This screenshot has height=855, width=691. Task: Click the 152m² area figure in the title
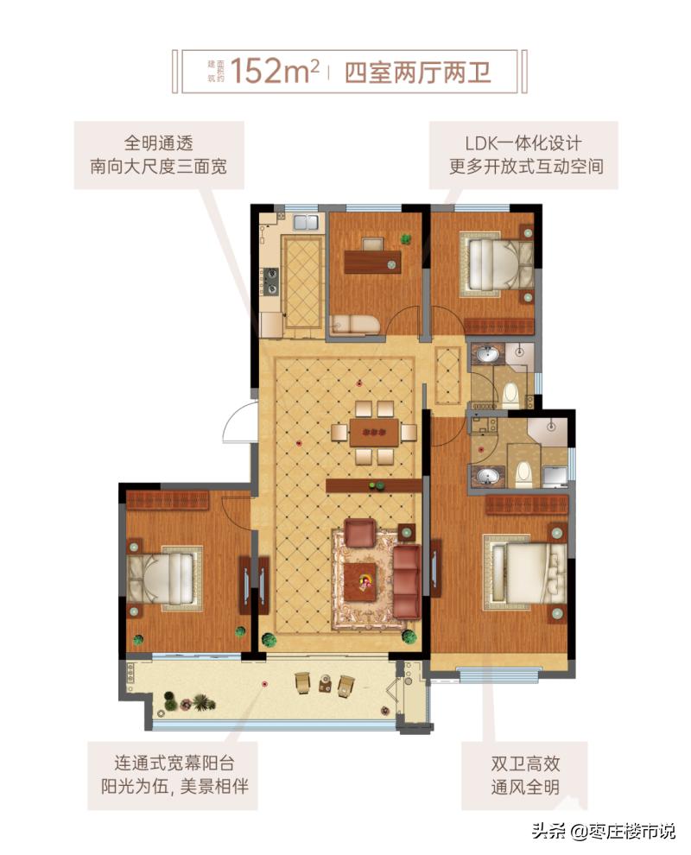pyautogui.click(x=275, y=71)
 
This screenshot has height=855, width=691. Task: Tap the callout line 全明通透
pyautogui.click(x=159, y=142)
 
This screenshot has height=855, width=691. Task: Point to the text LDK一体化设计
pyautogui.click(x=524, y=142)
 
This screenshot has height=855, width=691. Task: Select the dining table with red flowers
pyautogui.click(x=374, y=432)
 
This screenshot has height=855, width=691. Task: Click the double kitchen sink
pyautogui.click(x=307, y=222)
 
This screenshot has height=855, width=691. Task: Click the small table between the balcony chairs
pyautogui.click(x=326, y=682)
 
